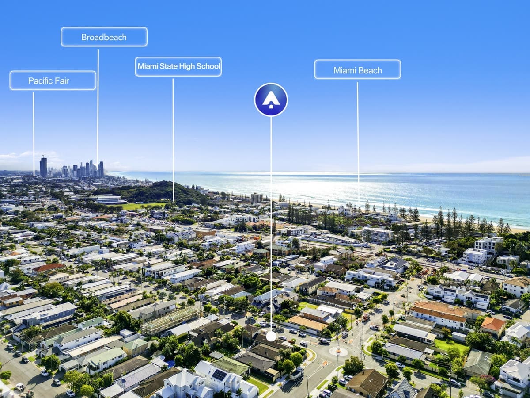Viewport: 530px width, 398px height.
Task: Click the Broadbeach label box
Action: click(104, 37)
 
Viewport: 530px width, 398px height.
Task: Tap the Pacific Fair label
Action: click(53, 80)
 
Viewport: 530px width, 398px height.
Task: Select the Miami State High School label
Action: click(178, 67)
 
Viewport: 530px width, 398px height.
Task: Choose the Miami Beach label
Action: click(358, 69)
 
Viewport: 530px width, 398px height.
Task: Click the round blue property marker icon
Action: click(271, 99)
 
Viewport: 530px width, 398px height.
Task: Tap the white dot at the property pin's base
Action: click(271, 337)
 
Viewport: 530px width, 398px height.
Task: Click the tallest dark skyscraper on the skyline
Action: click(43, 167)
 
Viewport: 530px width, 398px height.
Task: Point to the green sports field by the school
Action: click(143, 206)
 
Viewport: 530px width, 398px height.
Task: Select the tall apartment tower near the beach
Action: click(257, 198)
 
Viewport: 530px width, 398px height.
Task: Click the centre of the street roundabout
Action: click(338, 351)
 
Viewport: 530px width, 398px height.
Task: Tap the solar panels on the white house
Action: click(219, 375)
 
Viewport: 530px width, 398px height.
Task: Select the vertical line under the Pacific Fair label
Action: click(34, 134)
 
